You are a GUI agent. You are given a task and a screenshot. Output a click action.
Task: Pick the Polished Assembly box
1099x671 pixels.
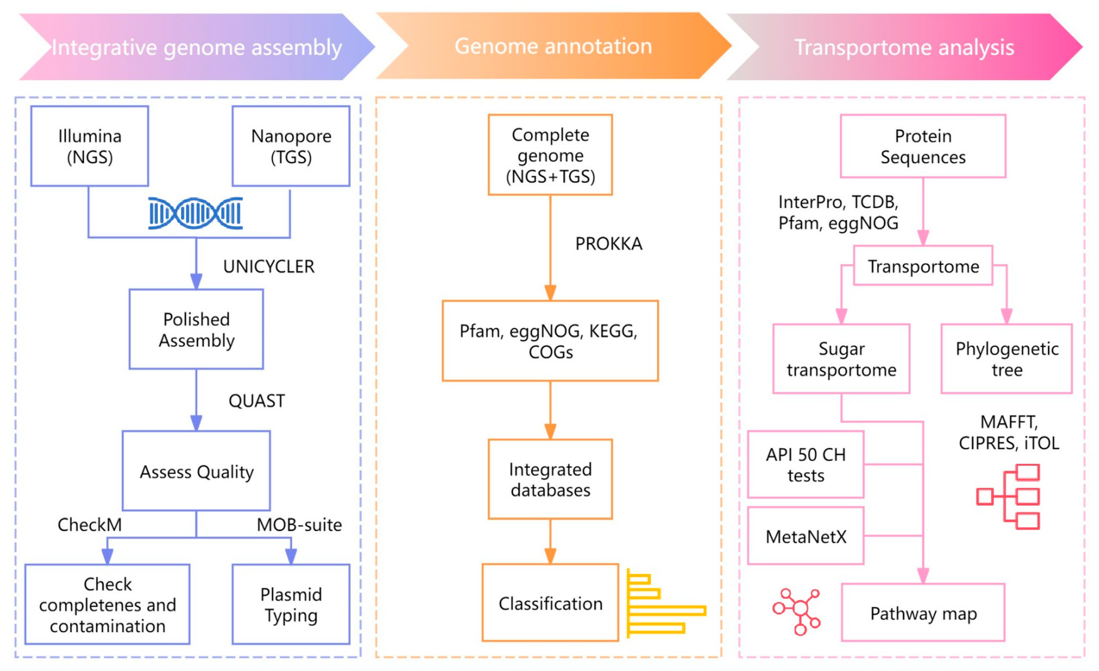point(196,329)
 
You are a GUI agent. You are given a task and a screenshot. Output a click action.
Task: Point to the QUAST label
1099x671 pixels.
point(256,401)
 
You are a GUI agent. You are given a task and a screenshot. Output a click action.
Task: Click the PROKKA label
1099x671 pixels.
point(608,244)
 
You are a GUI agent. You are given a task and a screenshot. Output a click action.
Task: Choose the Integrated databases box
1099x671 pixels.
point(550,479)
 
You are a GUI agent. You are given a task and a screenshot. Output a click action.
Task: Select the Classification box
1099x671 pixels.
point(550,603)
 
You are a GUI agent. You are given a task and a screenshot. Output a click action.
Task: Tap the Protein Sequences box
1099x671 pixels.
point(923,146)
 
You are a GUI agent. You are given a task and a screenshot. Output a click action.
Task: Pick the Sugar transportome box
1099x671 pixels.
point(841,359)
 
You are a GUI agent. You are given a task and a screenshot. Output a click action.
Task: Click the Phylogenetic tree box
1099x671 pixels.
point(1007,359)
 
